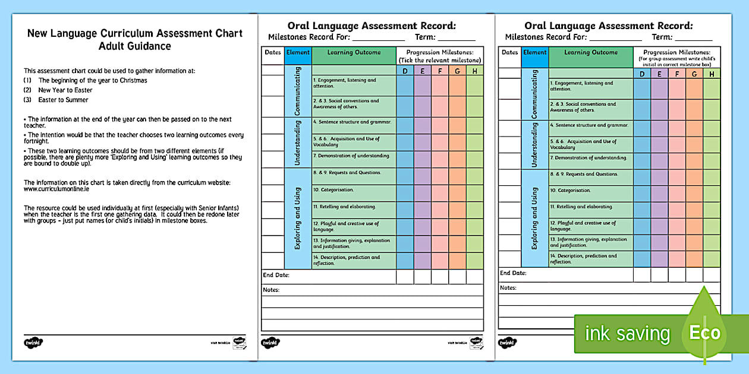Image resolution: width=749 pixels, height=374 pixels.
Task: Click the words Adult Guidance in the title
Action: click(135, 46)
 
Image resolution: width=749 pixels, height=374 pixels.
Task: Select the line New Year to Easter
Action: click(65, 90)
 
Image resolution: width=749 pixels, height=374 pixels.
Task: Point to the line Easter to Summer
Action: click(63, 100)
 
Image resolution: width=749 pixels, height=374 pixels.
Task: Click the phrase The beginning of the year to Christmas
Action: click(93, 80)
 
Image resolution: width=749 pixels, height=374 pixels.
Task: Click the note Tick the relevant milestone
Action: click(440, 61)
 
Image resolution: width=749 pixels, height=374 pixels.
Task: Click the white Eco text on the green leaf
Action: click(704, 333)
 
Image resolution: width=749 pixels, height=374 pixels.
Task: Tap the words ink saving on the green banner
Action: click(627, 334)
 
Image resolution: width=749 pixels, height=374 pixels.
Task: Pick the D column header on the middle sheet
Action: click(405, 71)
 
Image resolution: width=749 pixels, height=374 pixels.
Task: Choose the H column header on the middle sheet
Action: click(474, 71)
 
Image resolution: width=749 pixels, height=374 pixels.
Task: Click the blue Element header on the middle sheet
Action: click(298, 52)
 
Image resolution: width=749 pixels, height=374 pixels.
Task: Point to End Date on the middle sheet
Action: click(276, 275)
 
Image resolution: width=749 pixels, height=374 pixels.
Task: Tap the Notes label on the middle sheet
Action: click(271, 290)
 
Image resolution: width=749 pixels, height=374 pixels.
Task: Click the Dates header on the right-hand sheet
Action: click(509, 52)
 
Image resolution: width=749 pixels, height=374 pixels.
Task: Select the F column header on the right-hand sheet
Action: click(676, 74)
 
